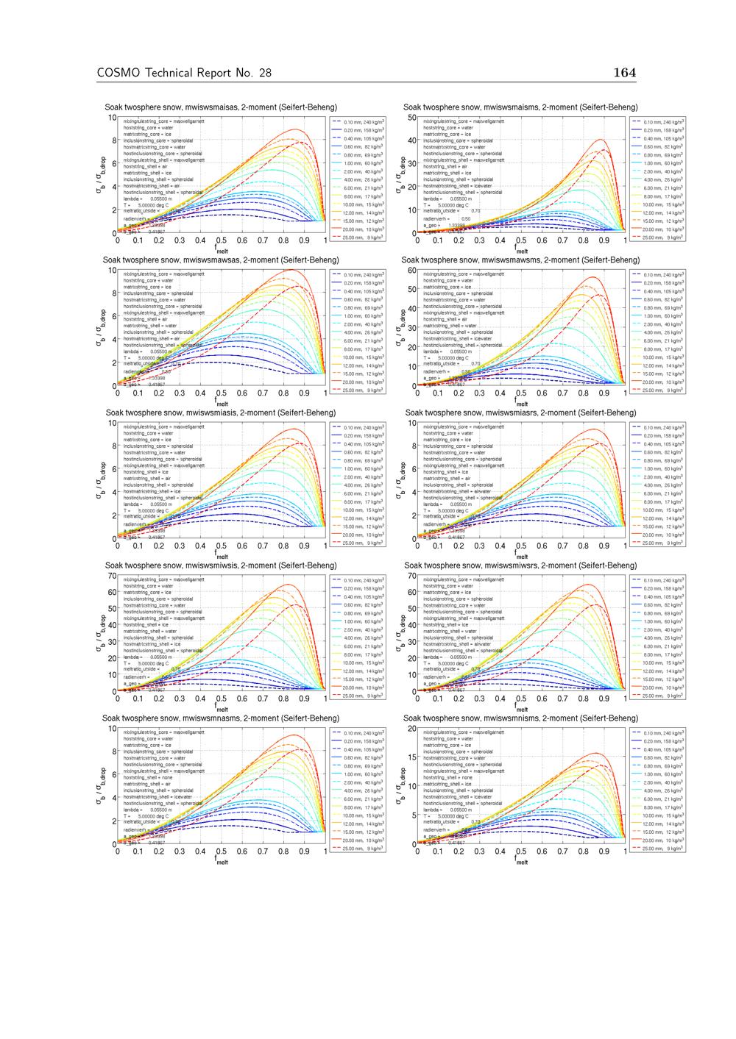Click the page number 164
624,72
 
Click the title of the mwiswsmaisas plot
221,107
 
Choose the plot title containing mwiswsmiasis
221,413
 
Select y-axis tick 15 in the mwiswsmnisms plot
411,757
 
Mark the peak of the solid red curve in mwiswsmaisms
602,140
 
